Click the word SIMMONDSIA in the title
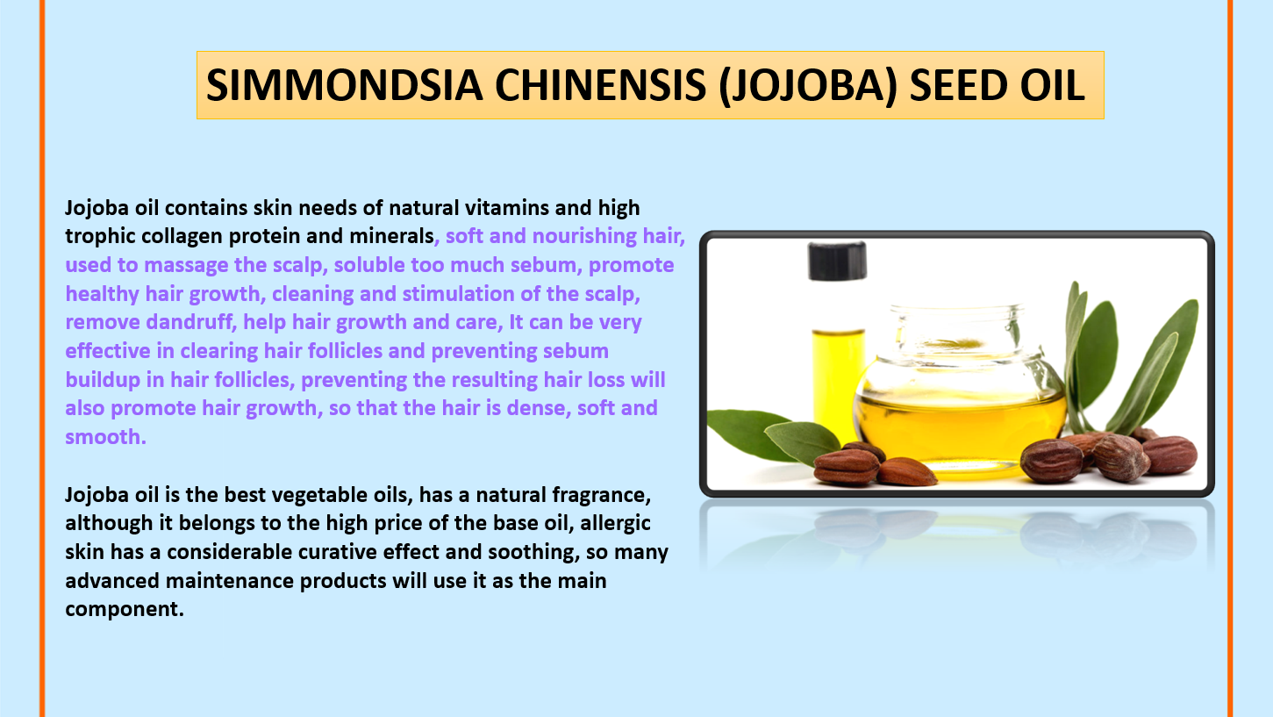coord(345,85)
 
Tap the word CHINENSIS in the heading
coord(600,85)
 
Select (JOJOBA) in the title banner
coord(807,86)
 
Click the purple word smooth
coord(105,437)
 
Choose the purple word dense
coord(539,408)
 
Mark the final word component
coord(125,610)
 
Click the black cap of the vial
coord(837,261)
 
